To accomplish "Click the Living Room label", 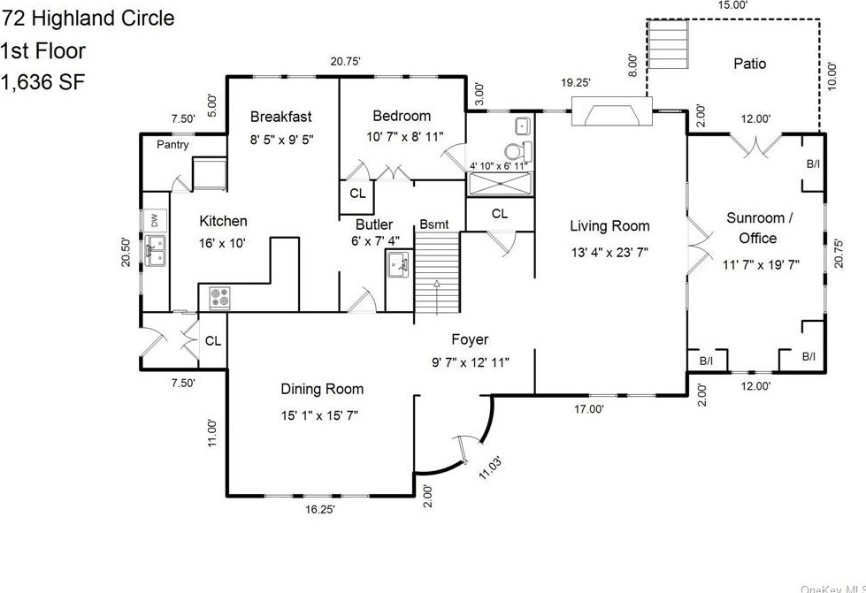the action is tap(609, 226).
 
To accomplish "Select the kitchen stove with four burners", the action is tap(219, 298).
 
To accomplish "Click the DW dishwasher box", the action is tap(155, 221).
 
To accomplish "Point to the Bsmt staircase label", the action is tap(434, 224).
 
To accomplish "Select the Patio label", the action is tap(749, 64).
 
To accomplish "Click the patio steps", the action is tap(668, 44).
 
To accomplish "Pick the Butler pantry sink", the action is tap(398, 265).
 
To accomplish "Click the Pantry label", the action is tap(172, 145).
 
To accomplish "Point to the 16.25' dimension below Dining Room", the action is tap(320, 509).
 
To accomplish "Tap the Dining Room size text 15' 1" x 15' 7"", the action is tap(320, 415).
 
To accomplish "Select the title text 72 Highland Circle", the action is tap(88, 19).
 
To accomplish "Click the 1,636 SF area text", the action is tap(42, 83).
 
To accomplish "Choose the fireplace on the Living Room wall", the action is tap(611, 112).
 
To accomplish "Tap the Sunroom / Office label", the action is tap(759, 228).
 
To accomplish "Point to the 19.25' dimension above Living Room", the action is tap(576, 83).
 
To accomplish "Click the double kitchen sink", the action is tap(155, 251).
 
